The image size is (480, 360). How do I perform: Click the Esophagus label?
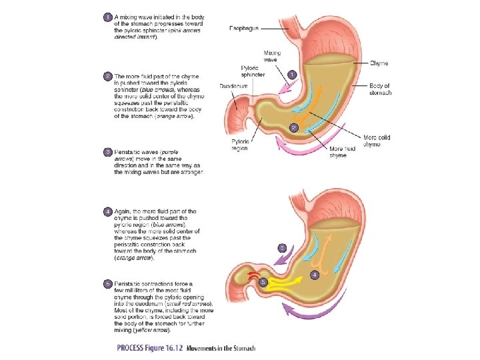[244, 28]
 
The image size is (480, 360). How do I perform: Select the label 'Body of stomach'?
[380, 89]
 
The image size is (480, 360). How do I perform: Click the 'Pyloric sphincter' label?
[253, 71]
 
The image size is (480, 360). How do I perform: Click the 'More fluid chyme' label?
[342, 152]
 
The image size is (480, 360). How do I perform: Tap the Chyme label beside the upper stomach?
[379, 63]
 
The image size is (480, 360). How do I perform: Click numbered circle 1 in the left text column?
[107, 16]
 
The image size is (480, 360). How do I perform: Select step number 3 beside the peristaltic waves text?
[107, 152]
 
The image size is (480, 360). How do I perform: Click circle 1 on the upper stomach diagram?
[292, 74]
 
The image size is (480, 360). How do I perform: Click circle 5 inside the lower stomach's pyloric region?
[263, 282]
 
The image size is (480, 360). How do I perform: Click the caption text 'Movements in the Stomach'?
[221, 348]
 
